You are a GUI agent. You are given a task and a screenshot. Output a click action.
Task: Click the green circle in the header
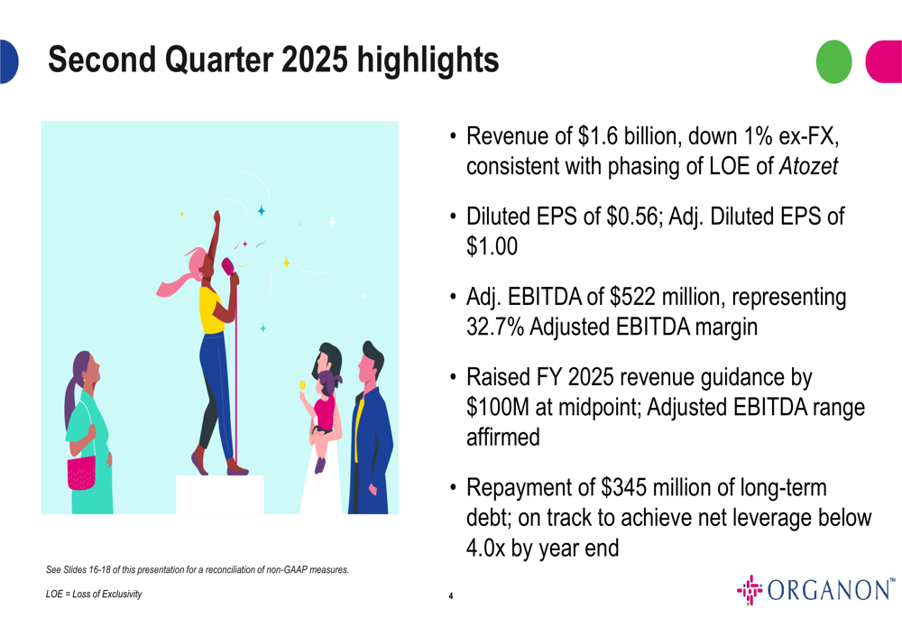[x=833, y=61]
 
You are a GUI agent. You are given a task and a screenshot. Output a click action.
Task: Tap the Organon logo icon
[x=750, y=590]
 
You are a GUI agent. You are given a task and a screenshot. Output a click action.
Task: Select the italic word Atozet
[x=808, y=166]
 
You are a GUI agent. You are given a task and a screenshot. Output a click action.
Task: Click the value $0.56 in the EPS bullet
[x=631, y=217]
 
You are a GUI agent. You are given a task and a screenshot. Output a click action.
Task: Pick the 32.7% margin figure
[x=495, y=327]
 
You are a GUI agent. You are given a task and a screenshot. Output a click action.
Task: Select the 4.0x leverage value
[x=486, y=548]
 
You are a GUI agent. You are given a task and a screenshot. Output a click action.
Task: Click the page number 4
[x=451, y=595]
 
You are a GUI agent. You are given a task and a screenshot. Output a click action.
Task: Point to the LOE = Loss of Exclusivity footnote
[x=94, y=594]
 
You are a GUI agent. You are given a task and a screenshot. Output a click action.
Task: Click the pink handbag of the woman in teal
[x=82, y=473]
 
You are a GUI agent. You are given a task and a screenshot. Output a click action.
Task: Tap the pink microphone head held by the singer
[x=227, y=266]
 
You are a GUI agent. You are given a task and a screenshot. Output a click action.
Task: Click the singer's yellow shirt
[x=210, y=309]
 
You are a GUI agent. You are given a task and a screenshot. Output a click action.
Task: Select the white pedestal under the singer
[x=220, y=494]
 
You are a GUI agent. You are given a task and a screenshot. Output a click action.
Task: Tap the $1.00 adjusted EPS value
[x=492, y=246]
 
